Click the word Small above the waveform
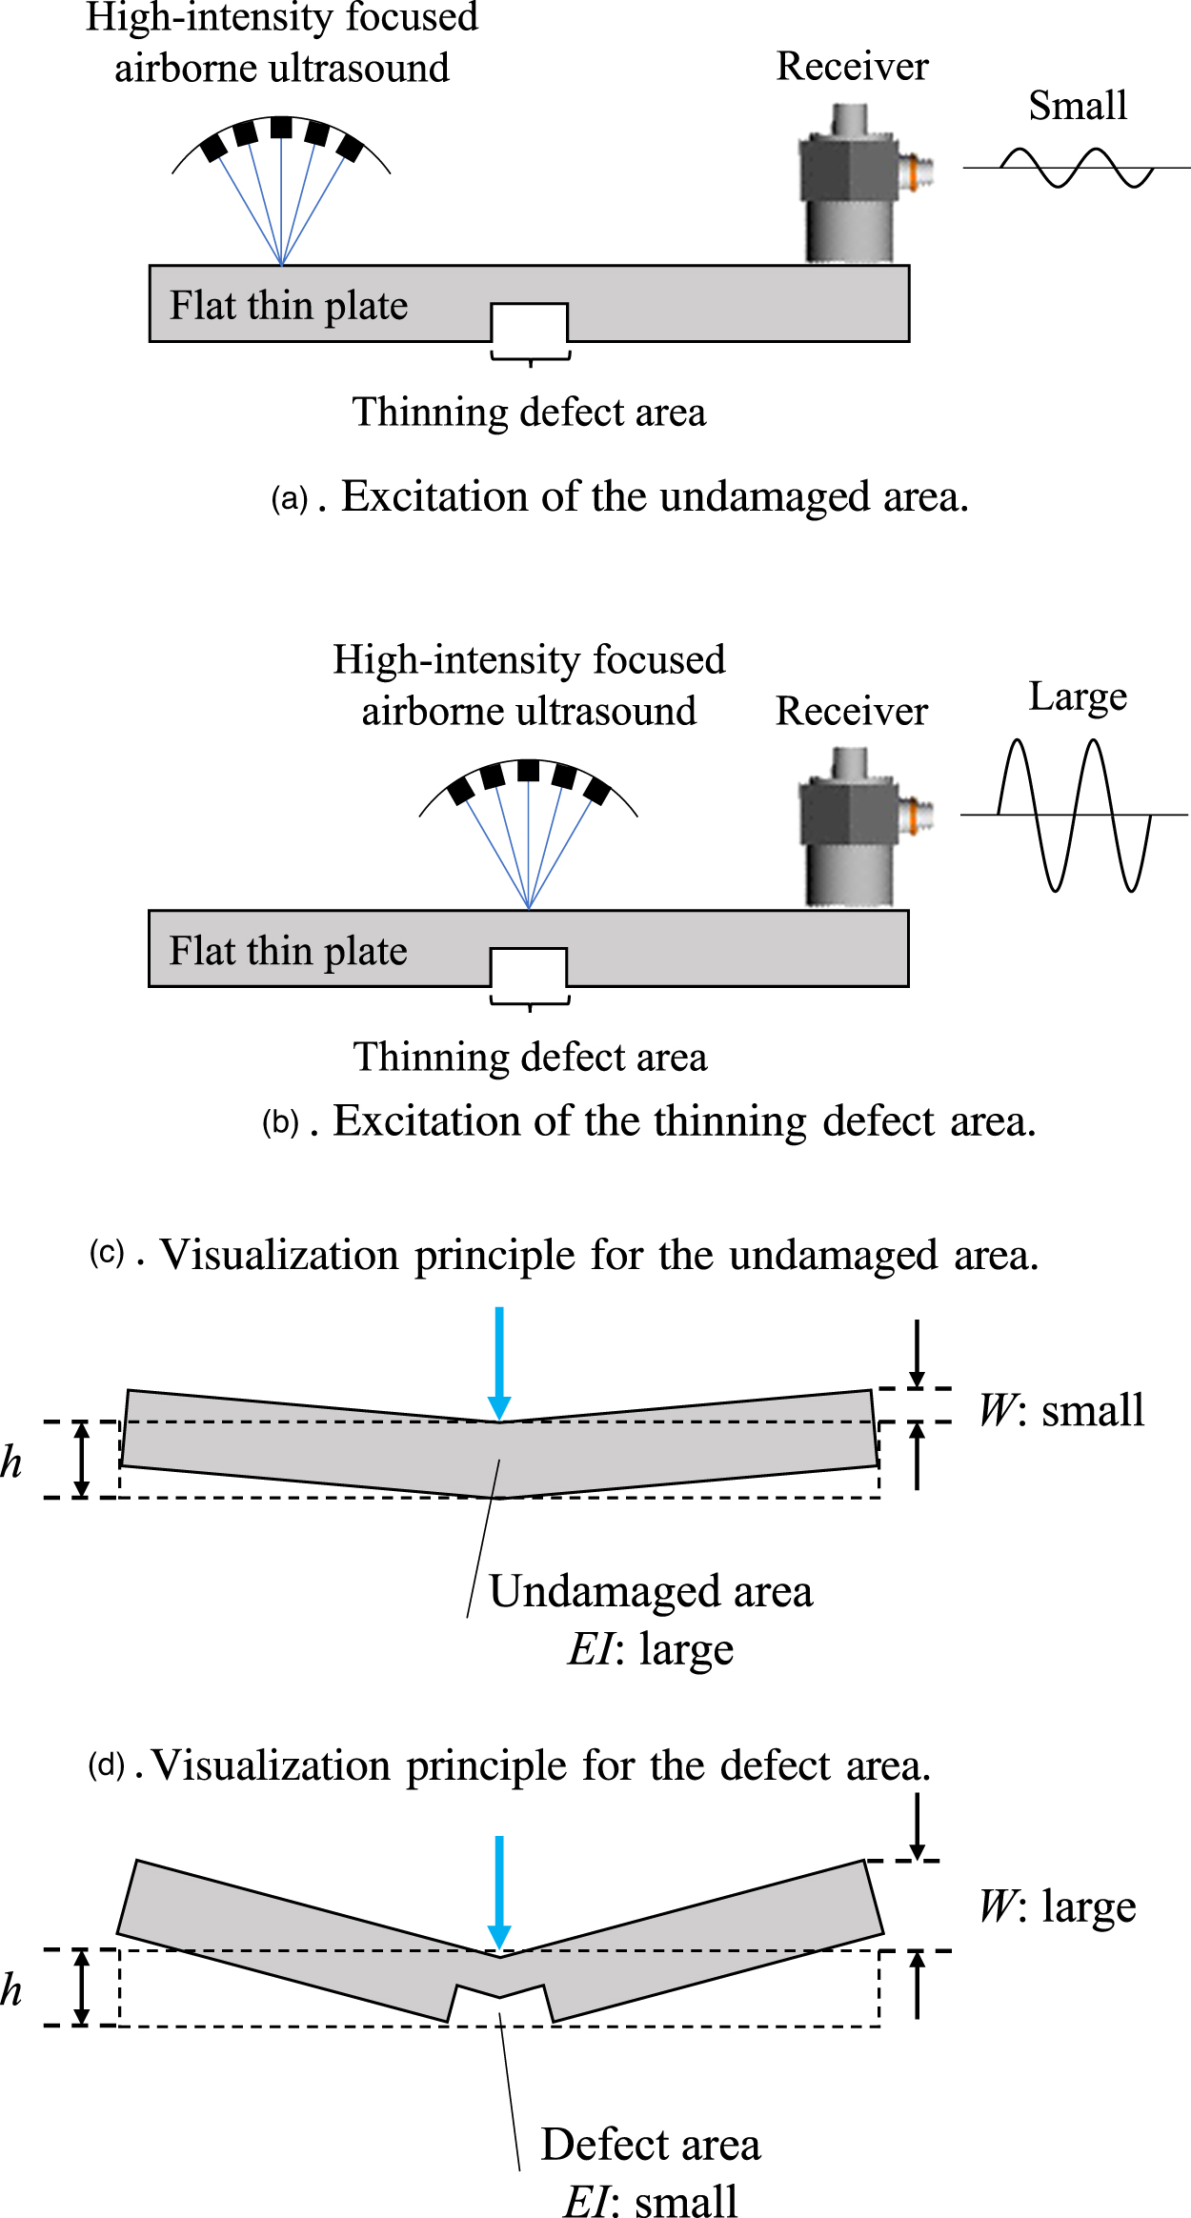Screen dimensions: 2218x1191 click(x=1078, y=106)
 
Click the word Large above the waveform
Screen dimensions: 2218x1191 click(x=1078, y=696)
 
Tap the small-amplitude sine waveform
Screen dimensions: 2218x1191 click(x=1077, y=168)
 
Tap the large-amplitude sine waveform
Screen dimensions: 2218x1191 click(x=1075, y=815)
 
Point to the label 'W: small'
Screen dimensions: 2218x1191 click(x=1061, y=1411)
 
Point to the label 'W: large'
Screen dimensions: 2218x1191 click(x=1058, y=1906)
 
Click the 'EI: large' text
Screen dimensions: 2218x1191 click(x=651, y=1649)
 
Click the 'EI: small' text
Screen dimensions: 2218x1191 click(x=651, y=2202)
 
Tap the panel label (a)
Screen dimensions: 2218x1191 click(x=290, y=498)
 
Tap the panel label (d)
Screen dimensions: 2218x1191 click(x=107, y=1765)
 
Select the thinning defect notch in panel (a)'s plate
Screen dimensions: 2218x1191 click(x=529, y=322)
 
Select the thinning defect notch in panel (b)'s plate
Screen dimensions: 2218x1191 click(x=529, y=967)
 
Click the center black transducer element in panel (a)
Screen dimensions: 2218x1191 click(x=281, y=128)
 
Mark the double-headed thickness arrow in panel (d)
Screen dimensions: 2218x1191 click(x=82, y=1987)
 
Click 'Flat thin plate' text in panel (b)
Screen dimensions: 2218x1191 click(x=288, y=951)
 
